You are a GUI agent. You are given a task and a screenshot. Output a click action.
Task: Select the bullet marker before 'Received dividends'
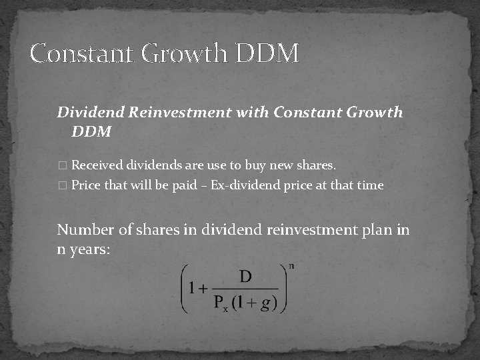tap(62, 165)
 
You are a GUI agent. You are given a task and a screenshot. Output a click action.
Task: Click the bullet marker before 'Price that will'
tap(62, 186)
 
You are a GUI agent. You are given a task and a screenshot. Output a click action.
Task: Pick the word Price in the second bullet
tap(85, 185)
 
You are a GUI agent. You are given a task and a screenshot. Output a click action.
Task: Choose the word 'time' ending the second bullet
tap(370, 185)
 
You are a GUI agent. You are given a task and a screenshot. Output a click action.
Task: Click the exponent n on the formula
tap(292, 267)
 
